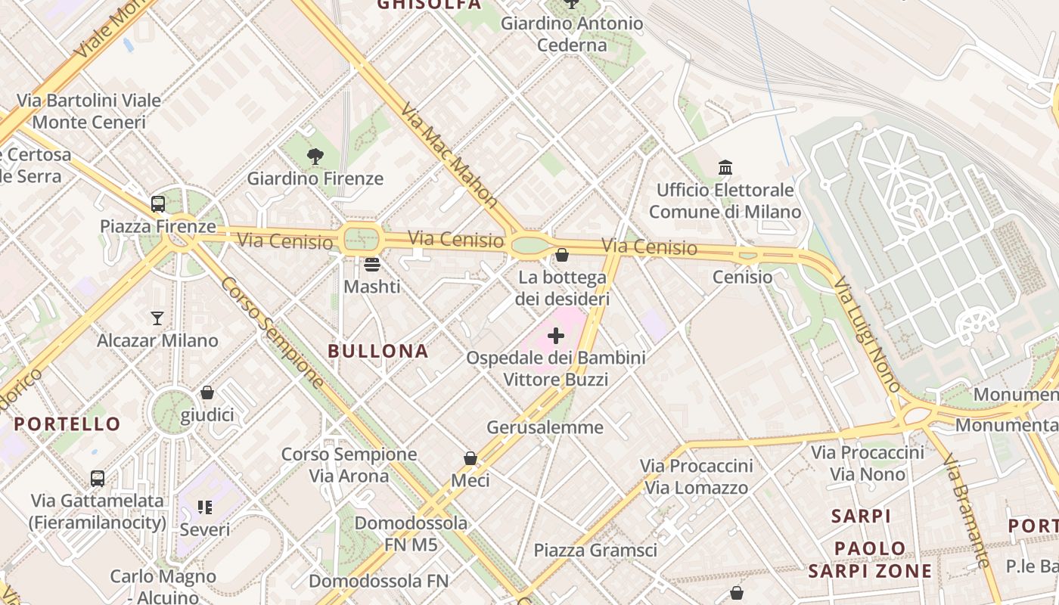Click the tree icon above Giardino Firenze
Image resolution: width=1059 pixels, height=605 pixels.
315,157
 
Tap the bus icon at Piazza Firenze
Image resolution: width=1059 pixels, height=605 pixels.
158,203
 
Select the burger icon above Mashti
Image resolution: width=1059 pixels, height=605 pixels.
371,265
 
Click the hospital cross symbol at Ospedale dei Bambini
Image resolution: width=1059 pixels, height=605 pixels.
556,335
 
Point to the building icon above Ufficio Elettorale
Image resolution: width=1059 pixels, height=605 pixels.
725,167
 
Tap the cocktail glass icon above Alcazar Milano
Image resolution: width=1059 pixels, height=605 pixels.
157,318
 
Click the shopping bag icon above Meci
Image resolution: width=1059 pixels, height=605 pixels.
470,458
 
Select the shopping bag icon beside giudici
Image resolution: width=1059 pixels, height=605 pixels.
207,392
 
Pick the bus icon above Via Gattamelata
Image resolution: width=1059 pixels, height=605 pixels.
98,478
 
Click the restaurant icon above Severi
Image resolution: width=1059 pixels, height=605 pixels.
205,507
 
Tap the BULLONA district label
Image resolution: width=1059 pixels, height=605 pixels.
378,351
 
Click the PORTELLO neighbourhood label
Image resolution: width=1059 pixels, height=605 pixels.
67,424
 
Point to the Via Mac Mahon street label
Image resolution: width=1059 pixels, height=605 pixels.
449,156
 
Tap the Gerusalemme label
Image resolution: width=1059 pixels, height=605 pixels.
545,427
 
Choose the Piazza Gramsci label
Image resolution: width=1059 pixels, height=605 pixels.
595,551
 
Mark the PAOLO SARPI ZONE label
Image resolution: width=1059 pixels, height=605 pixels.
870,559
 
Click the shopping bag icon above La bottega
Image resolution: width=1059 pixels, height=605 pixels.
562,255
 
